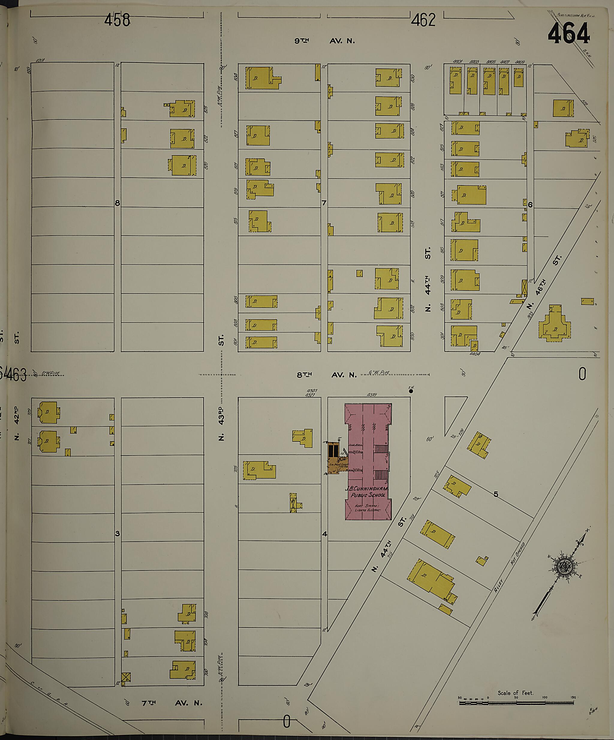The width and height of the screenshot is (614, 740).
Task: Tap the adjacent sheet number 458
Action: [x=117, y=20]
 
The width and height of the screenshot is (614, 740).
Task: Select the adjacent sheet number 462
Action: [x=423, y=20]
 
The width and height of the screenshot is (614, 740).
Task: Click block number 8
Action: [x=117, y=203]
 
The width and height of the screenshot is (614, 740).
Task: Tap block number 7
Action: [x=324, y=203]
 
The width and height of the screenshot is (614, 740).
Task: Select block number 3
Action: [x=117, y=534]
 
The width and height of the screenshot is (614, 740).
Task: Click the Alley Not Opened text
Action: [x=509, y=571]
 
